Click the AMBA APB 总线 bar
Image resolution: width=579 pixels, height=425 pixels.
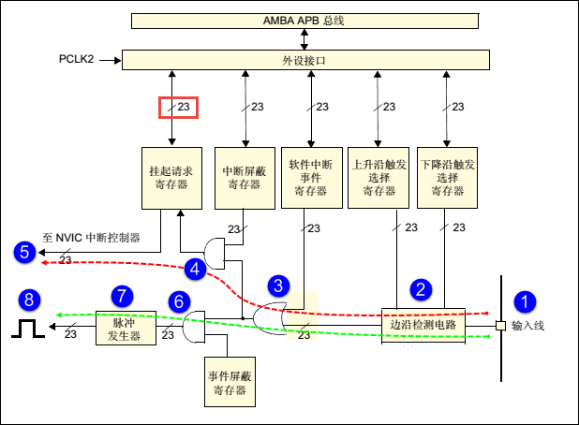305,21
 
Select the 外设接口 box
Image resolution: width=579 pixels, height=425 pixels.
305,60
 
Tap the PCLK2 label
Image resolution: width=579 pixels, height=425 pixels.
77,59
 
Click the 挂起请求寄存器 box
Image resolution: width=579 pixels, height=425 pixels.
171,178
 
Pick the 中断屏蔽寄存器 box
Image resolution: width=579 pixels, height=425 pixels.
245,178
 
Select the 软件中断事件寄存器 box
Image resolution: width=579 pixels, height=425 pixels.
312,178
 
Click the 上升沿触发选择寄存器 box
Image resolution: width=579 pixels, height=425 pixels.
379,178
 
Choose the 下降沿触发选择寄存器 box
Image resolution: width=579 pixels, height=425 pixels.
447,178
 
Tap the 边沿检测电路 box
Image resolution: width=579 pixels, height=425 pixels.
423,326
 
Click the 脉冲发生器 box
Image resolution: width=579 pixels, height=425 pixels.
126,328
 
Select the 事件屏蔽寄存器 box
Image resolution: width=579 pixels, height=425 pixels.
230,382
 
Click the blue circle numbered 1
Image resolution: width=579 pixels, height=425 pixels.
525,301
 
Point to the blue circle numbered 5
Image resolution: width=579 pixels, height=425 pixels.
24,253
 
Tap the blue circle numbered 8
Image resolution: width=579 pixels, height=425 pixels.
29,300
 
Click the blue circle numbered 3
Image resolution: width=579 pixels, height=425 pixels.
278,286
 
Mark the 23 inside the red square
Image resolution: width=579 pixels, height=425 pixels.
183,107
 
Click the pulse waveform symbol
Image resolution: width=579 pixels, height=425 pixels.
28,329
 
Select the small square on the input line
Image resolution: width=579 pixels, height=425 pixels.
500,326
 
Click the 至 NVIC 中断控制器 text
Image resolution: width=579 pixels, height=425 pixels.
91,238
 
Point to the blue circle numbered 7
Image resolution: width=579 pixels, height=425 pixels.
122,296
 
